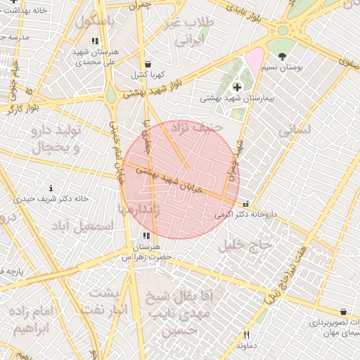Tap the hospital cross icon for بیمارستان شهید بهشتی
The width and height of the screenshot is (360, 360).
click(x=236, y=87)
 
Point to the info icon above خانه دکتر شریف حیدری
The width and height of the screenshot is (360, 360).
click(x=51, y=188)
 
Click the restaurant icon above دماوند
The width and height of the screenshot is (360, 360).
click(x=246, y=335)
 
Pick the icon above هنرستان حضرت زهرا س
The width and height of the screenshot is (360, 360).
click(x=146, y=236)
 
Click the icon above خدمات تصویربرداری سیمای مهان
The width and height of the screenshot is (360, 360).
click(x=342, y=311)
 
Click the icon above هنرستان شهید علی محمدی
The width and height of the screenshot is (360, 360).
click(x=95, y=41)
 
